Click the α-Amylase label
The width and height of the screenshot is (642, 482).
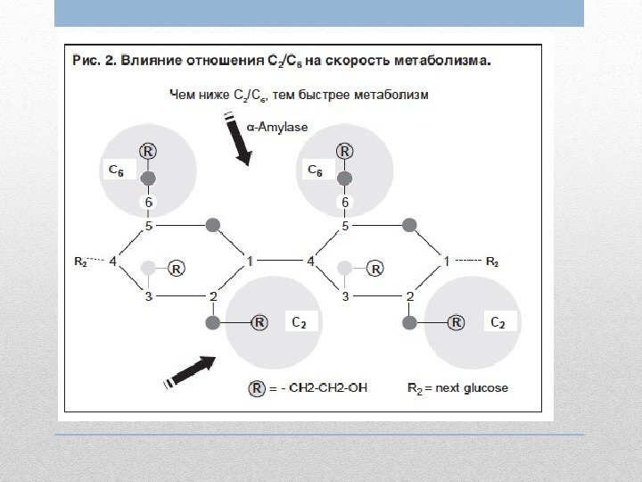(x=277, y=128)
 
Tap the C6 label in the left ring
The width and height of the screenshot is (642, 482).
(x=117, y=169)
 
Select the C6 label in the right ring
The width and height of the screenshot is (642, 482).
(x=316, y=169)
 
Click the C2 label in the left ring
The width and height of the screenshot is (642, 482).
(x=300, y=322)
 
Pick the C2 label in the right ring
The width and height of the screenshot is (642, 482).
(x=498, y=322)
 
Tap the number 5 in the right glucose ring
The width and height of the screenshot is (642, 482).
(x=346, y=227)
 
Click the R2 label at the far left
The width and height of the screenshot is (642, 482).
(x=80, y=262)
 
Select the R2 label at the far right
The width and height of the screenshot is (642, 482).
(x=491, y=262)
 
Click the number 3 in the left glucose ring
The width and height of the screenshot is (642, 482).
(x=150, y=295)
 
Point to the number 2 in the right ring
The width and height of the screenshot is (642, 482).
(x=409, y=295)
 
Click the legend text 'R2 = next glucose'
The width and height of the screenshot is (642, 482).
(x=457, y=388)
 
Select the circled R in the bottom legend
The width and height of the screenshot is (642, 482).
(x=257, y=388)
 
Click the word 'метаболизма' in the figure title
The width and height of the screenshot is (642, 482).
(x=438, y=62)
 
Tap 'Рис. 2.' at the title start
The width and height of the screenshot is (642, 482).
(x=91, y=62)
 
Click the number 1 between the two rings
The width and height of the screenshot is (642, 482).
(x=251, y=262)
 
